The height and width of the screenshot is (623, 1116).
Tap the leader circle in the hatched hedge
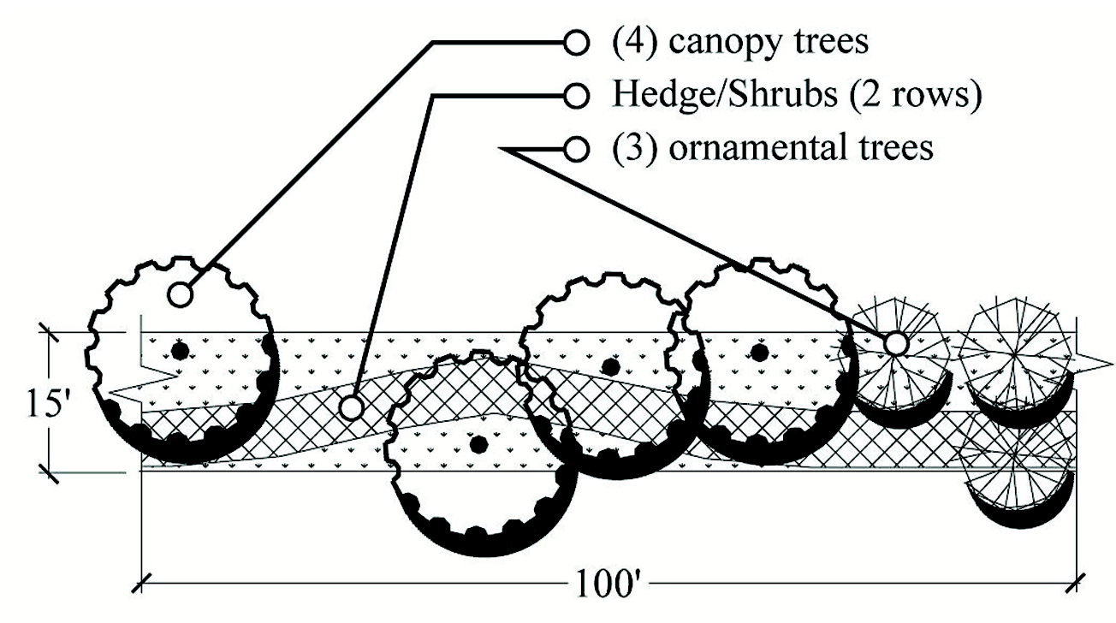coord(351,406)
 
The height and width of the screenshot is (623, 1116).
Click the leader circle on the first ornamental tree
coord(895,343)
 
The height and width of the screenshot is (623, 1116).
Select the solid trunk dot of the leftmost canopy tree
coord(179,351)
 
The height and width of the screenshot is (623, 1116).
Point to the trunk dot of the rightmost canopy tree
coord(758,350)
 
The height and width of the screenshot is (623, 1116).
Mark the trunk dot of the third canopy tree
coord(610,366)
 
